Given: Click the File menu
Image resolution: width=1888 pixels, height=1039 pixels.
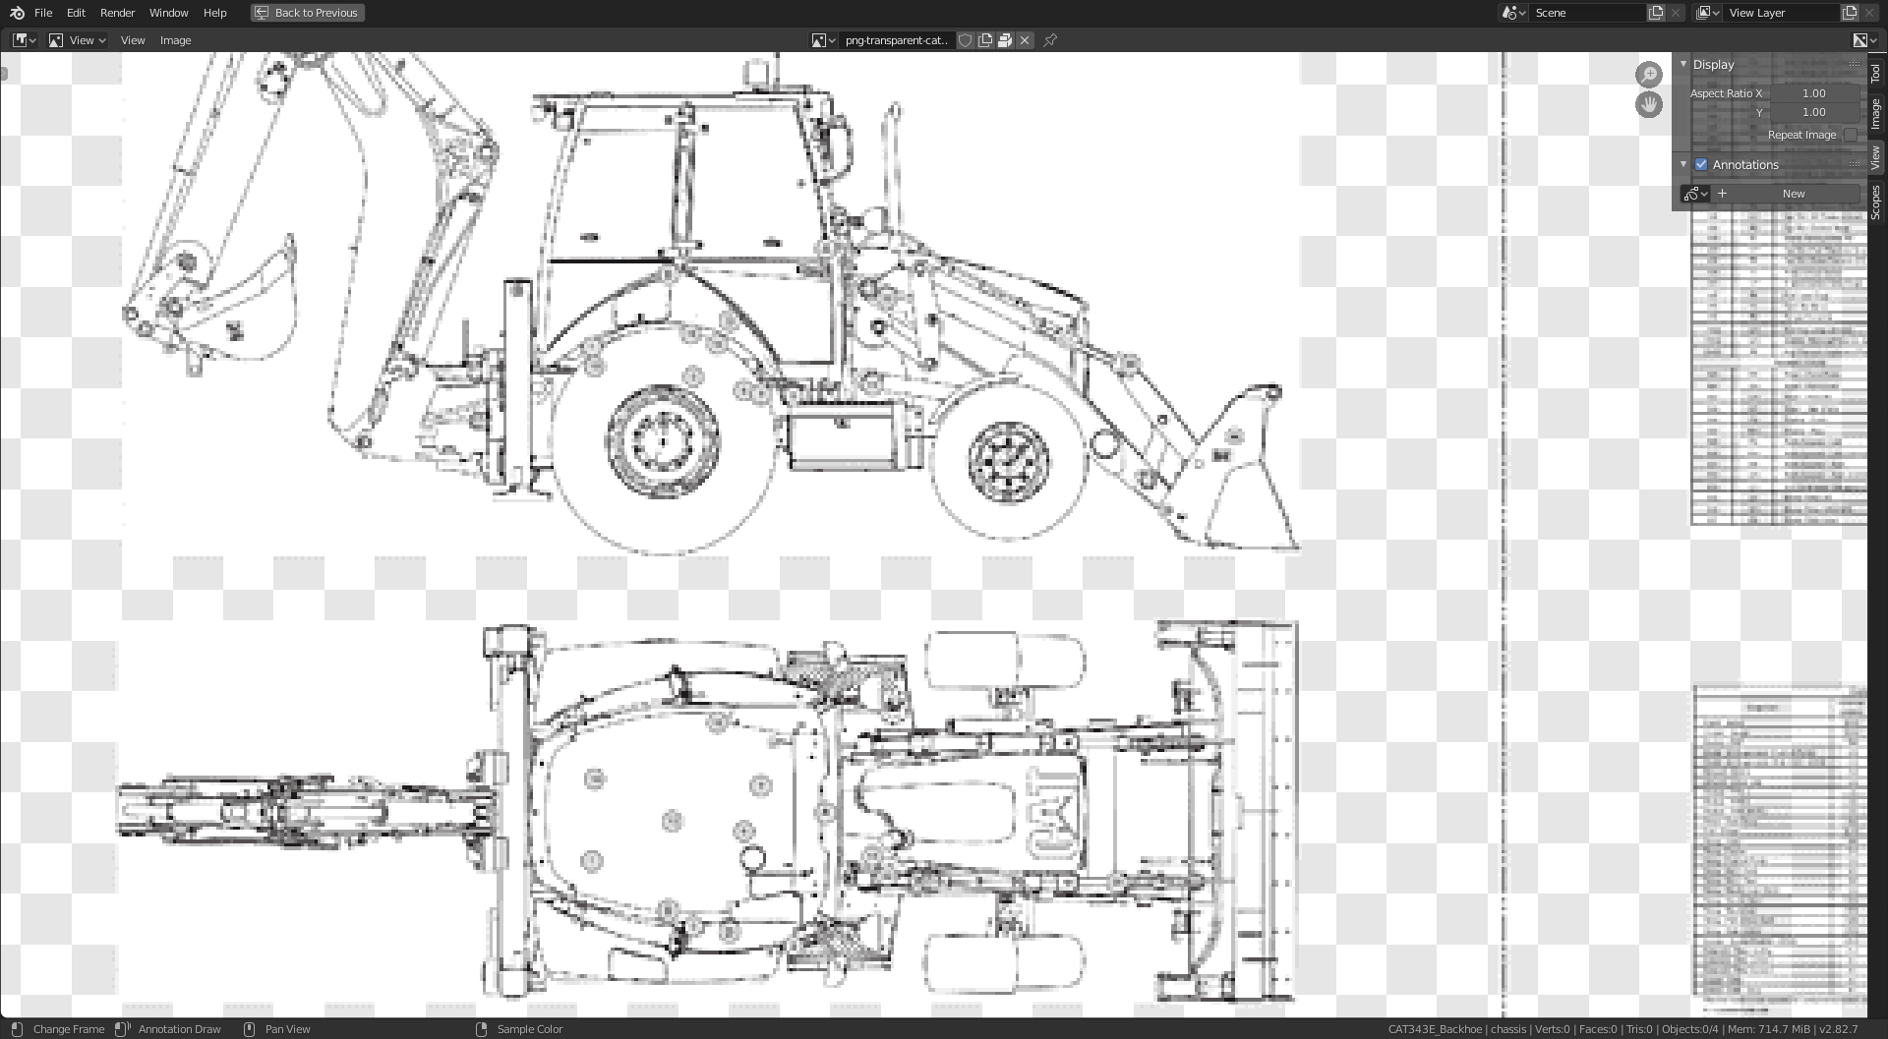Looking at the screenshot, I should coord(43,13).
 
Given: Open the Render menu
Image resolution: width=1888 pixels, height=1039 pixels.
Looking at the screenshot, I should coord(117,13).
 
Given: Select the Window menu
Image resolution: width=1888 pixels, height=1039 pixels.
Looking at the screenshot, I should coord(168,13).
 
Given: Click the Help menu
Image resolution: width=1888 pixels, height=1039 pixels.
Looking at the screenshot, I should coord(214,13).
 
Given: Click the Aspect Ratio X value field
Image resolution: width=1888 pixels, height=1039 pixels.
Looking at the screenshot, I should coord(1813,93).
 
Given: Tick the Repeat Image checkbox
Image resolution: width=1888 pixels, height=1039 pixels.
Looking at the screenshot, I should coord(1851,135).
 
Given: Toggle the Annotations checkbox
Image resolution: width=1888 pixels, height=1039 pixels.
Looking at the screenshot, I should coord(1701,164).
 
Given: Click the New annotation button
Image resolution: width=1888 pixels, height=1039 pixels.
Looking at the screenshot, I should coord(1793,194).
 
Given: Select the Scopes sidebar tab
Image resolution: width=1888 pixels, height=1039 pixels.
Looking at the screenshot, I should coord(1876,202).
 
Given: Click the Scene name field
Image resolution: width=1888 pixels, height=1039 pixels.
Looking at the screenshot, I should coord(1584,13).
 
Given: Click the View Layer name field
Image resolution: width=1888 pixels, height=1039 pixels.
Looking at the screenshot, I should coord(1781,13).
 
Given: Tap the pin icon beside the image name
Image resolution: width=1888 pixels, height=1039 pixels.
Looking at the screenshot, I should coord(1050,40).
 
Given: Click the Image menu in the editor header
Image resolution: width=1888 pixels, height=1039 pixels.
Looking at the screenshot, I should coord(175,40).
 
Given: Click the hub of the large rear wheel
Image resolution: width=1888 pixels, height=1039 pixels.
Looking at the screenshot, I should coord(663,441).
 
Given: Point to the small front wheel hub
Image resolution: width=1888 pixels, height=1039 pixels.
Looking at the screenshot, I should coord(1008,460).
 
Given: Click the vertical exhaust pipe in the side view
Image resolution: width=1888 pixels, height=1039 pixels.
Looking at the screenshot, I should coord(894,157).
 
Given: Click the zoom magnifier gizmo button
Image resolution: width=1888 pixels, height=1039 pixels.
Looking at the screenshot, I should coord(1649,74).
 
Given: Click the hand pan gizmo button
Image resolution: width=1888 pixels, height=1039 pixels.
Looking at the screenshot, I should coord(1649,104).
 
